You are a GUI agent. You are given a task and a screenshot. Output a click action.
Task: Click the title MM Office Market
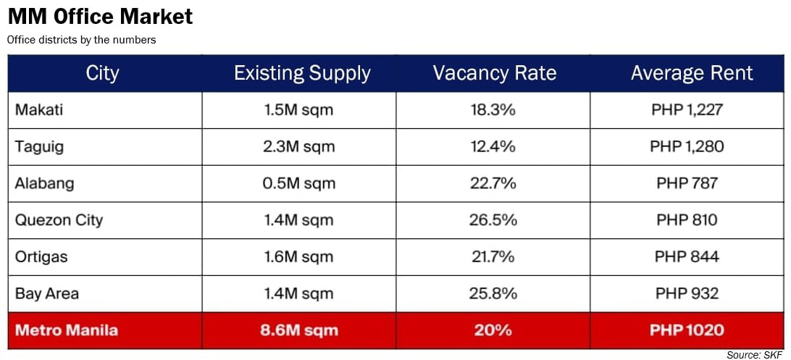point(100,16)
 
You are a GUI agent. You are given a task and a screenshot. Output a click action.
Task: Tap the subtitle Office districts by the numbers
point(81,40)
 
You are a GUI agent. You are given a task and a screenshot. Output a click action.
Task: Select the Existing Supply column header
point(302,73)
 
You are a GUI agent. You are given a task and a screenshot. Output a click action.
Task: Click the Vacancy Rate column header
point(494,73)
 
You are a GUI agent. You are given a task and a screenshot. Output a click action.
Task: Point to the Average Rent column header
point(692,73)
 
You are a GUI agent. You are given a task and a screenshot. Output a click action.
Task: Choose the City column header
point(102,73)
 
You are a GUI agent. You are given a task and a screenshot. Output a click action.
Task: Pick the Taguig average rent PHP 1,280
point(687,147)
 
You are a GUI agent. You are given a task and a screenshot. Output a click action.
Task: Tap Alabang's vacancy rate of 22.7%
point(493,183)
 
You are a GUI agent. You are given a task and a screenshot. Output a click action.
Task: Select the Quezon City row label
point(59,220)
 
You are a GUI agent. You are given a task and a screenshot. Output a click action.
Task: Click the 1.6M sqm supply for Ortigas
point(298,257)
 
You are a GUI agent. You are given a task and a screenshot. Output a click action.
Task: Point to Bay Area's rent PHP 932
point(687,293)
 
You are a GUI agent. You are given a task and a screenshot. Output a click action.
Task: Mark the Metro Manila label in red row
point(67,330)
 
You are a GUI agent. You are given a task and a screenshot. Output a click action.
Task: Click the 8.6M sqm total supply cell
point(299,330)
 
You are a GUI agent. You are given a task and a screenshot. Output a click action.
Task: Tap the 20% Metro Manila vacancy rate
point(493,330)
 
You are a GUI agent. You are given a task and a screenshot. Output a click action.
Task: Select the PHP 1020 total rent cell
point(687,330)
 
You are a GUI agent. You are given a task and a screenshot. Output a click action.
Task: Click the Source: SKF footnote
point(755,354)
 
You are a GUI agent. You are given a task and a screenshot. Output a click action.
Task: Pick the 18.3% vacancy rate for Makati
point(493,110)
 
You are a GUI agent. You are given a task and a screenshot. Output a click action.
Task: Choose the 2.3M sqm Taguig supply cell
point(298,147)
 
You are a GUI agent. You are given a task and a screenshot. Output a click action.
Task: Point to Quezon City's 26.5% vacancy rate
point(493,220)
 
